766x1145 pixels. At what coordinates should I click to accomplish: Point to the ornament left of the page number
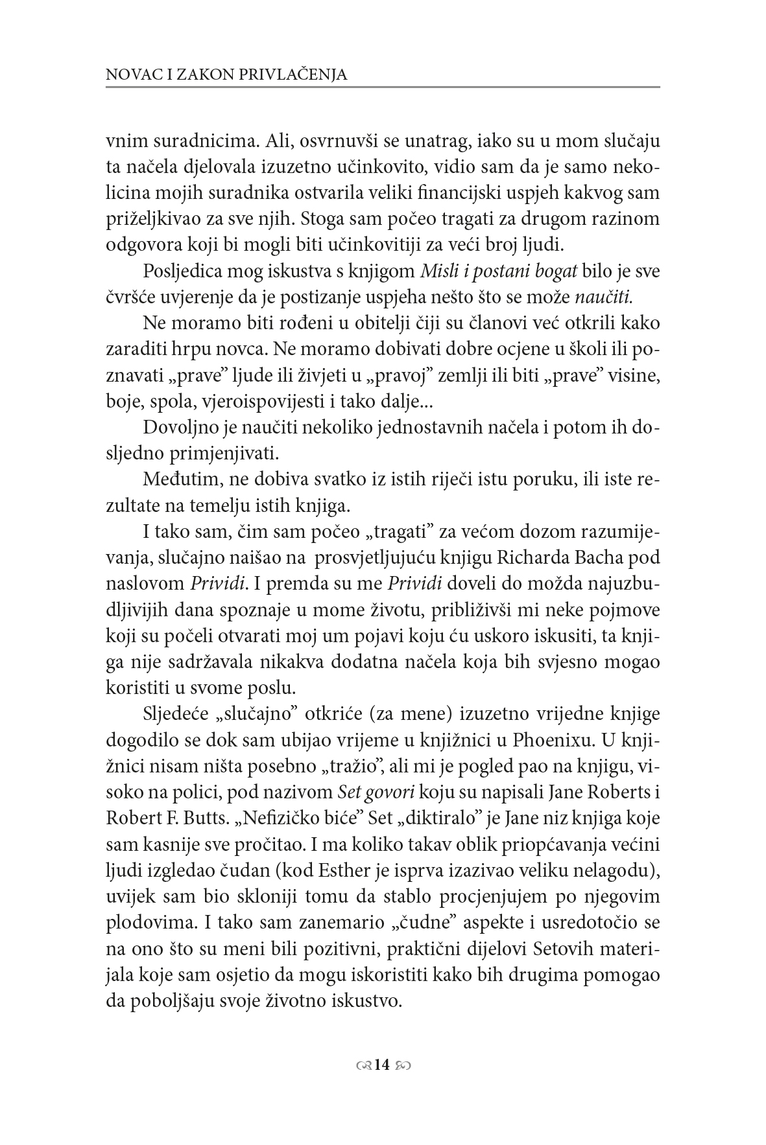pos(365,1065)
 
